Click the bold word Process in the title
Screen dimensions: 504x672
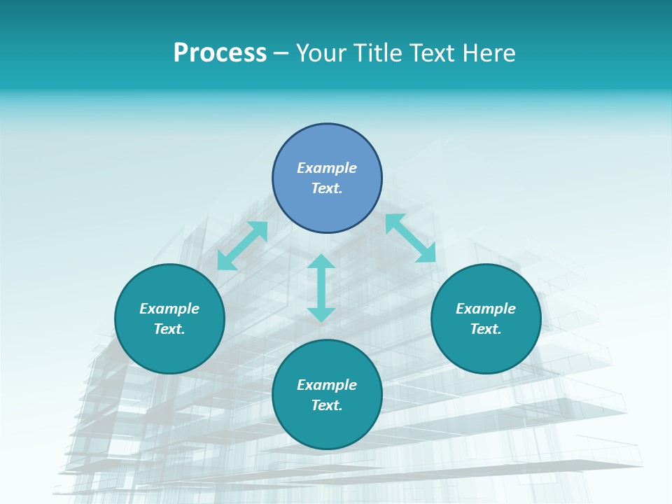220,53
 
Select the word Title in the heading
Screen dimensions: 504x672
379,53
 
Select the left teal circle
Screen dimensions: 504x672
169,350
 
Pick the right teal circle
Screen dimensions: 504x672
486,350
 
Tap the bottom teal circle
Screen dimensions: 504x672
327,426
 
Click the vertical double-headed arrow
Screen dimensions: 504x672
321,288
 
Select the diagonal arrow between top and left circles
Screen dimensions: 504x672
242,246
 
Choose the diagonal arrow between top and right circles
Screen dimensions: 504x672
411,238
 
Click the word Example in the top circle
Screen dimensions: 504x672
327,168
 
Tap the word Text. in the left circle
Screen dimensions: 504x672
169,329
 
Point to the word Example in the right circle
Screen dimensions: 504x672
486,309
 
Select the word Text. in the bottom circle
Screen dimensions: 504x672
327,405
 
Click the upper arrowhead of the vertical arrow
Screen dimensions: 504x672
321,262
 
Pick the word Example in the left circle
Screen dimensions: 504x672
169,309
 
